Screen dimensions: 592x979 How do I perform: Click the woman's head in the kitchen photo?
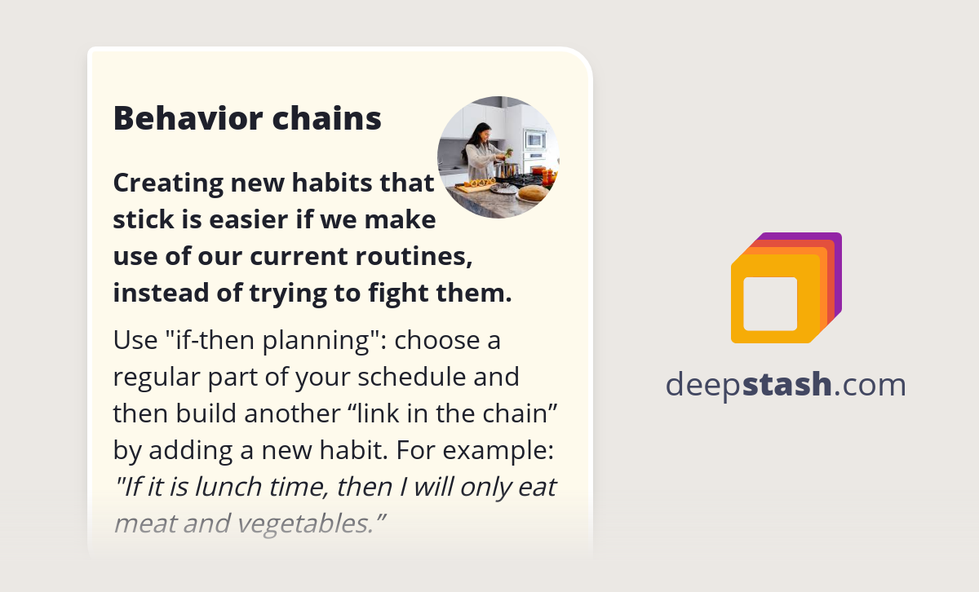pyautogui.click(x=482, y=130)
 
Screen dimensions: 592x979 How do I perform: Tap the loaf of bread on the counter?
pyautogui.click(x=533, y=193)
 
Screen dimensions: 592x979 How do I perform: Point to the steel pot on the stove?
pyautogui.click(x=508, y=170)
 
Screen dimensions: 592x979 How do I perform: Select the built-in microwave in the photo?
pyautogui.click(x=534, y=139)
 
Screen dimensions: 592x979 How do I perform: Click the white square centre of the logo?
pyautogui.click(x=770, y=303)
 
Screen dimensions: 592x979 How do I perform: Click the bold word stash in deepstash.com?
pyautogui.click(x=787, y=384)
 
